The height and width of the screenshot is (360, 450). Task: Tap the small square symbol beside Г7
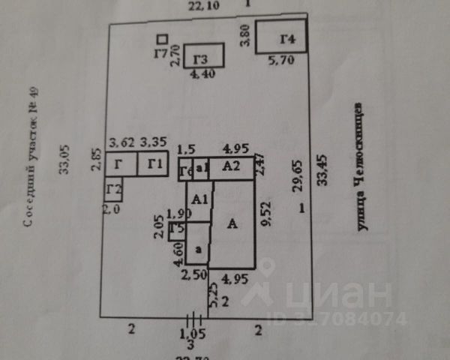161,38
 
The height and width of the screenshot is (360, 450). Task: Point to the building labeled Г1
156,163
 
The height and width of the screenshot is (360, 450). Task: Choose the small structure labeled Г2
114,188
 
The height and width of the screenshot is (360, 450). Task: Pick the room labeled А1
198,200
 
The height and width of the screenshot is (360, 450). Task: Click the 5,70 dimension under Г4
282,61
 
